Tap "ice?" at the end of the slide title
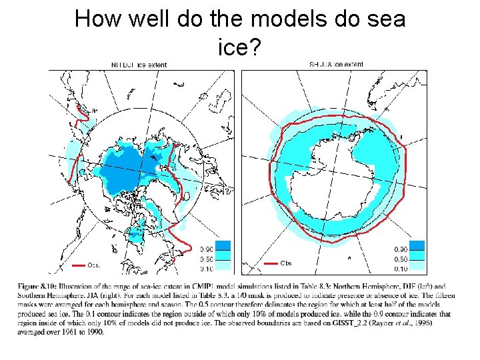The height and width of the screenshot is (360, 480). point(239,45)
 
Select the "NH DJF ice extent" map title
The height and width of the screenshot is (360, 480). point(139,65)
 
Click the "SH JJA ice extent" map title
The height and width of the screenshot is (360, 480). point(337,65)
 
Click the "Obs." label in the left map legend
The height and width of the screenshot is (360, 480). point(94,265)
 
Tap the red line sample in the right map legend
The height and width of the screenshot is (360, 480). point(271,263)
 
